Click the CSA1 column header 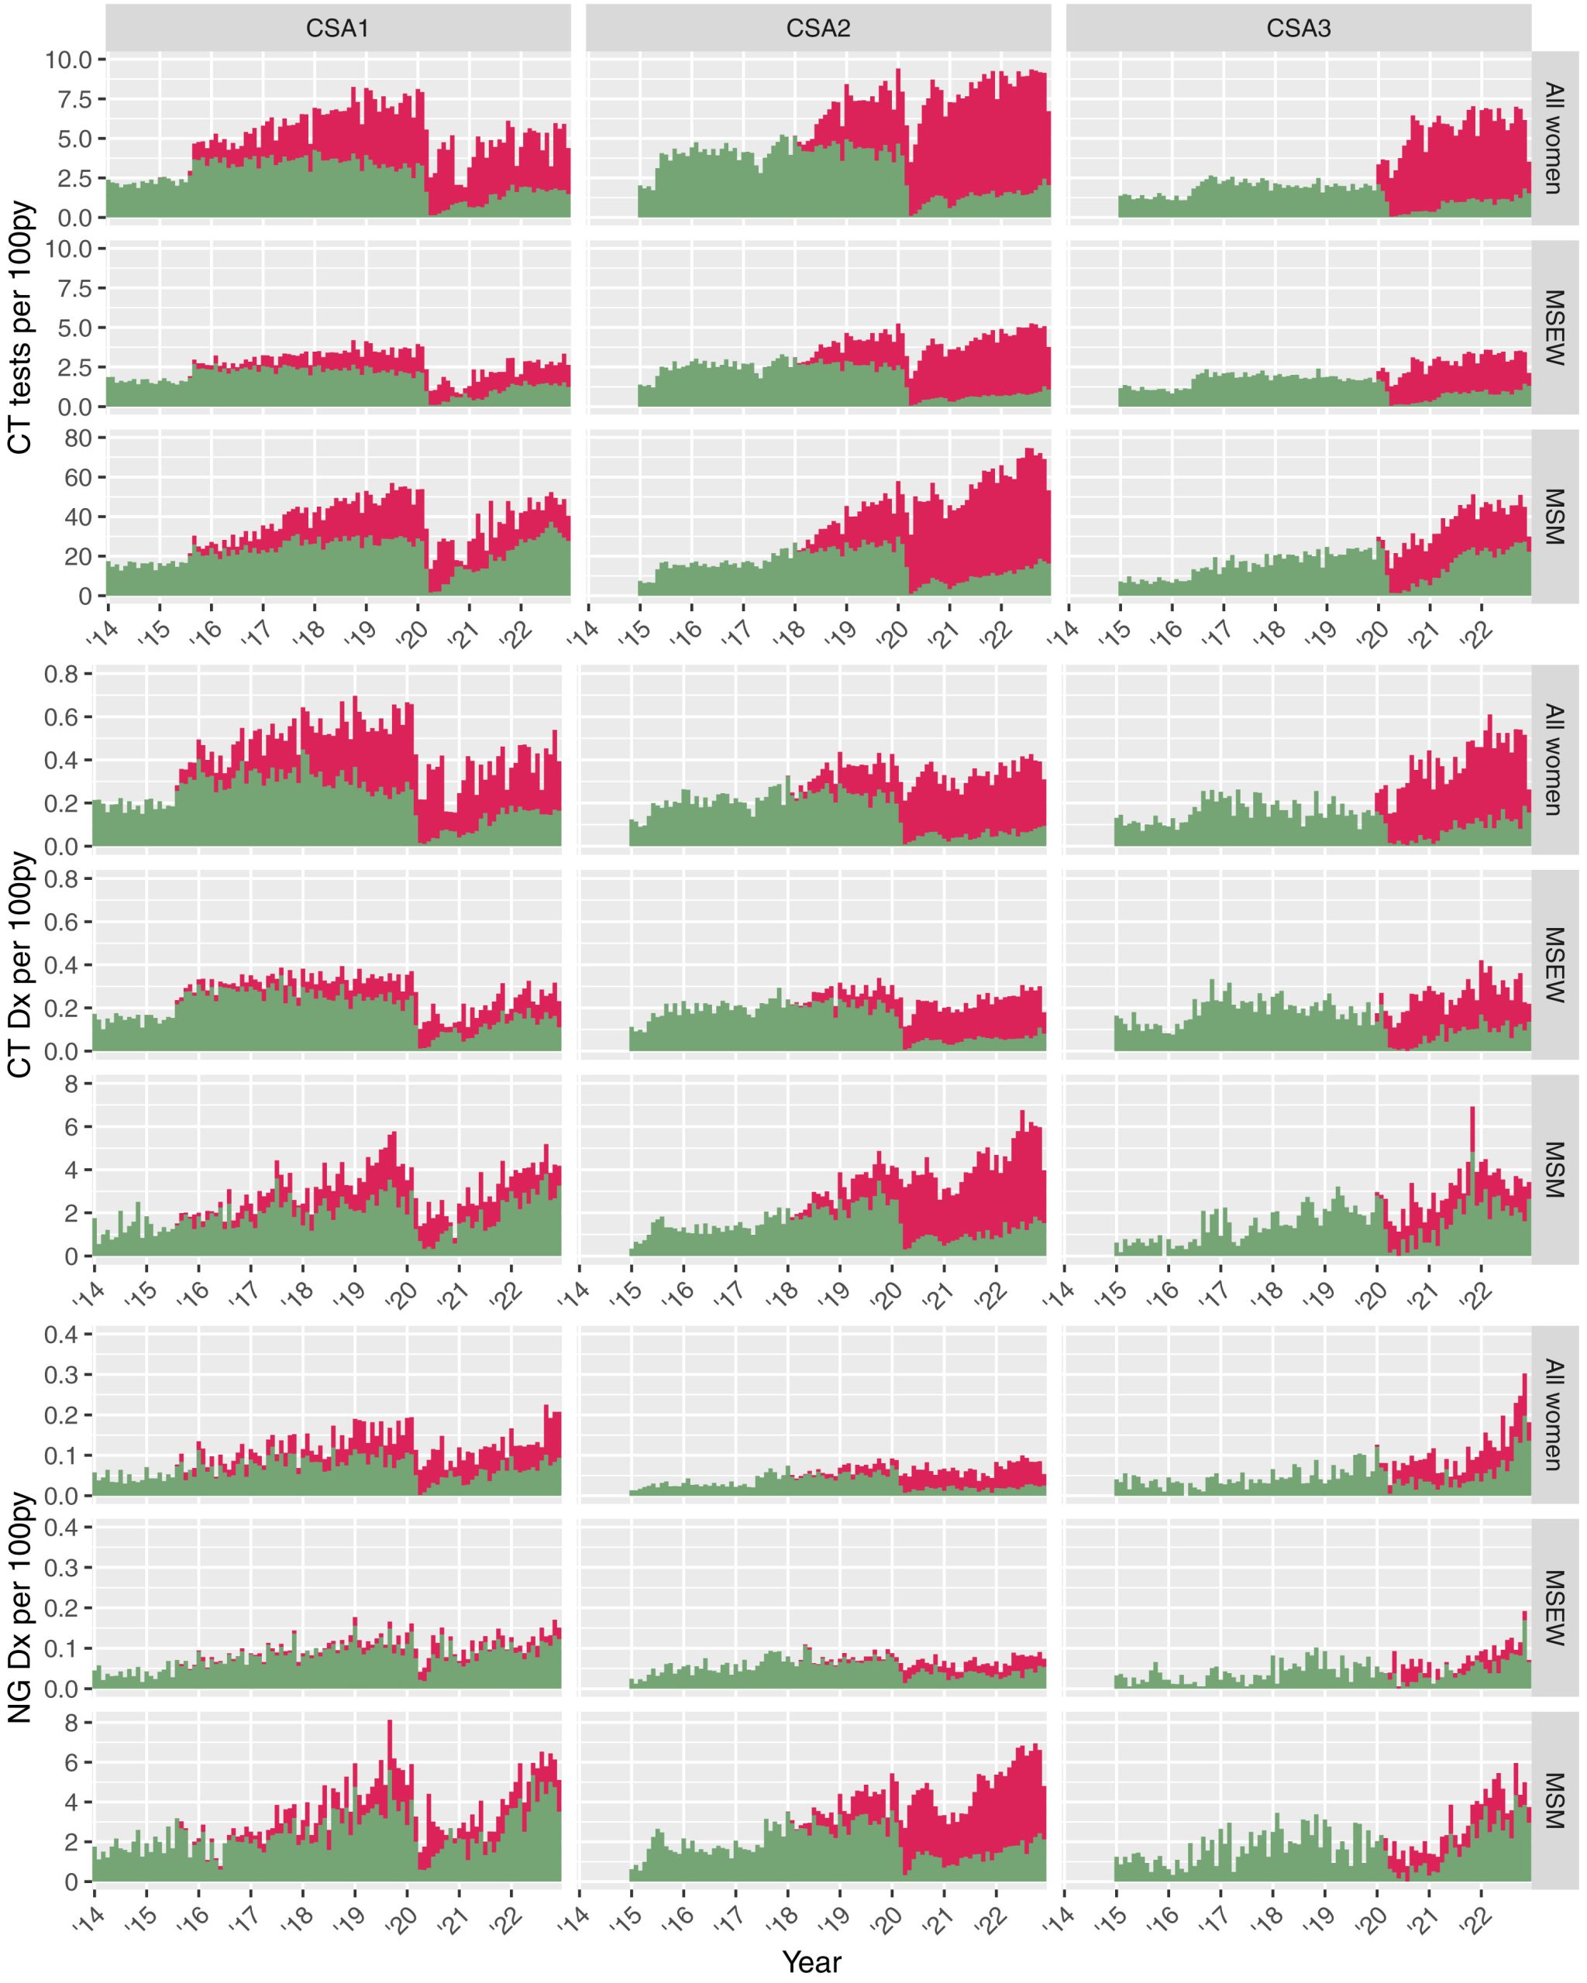point(338,29)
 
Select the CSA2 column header point(818,29)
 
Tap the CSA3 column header point(1298,29)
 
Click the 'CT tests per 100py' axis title point(20,327)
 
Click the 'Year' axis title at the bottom point(811,1961)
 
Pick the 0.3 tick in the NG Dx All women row point(62,1375)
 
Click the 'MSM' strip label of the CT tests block point(1554,517)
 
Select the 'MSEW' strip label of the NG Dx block point(1554,1607)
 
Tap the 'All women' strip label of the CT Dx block point(1554,760)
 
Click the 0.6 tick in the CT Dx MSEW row point(62,922)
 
